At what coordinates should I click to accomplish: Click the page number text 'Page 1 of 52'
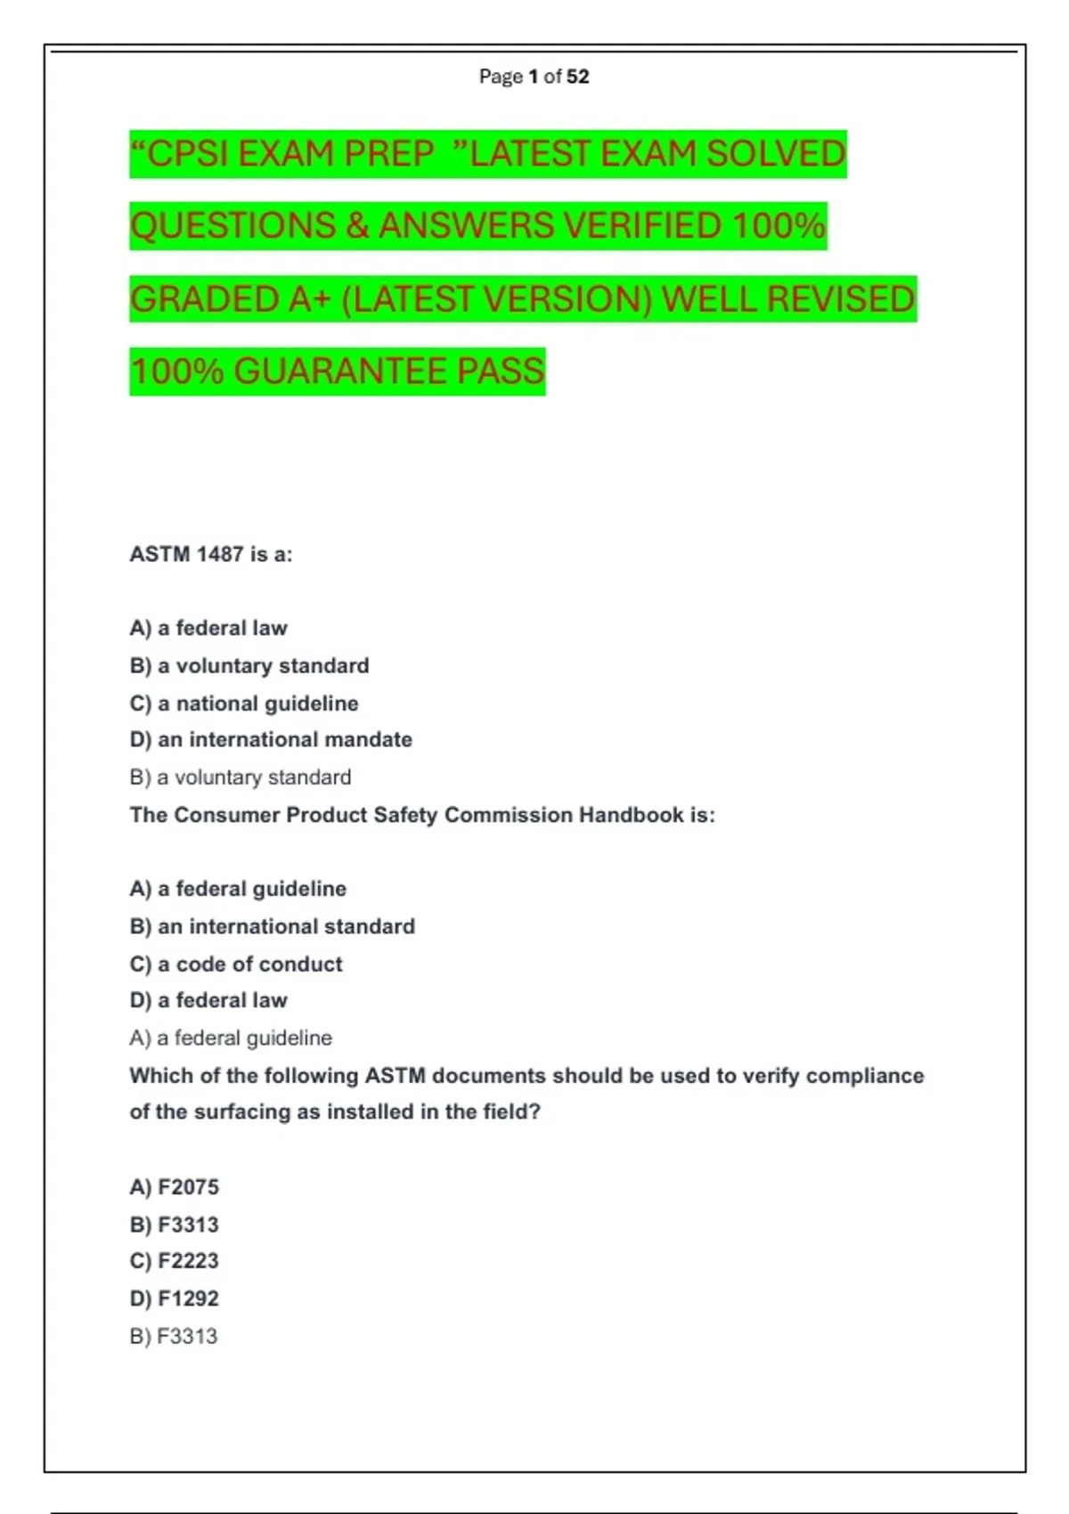pos(534,77)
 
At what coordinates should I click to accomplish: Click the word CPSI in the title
pos(188,154)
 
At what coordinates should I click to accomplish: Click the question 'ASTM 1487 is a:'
pos(211,554)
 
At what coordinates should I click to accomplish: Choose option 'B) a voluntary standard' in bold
pos(249,665)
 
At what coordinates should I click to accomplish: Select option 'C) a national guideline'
pos(244,704)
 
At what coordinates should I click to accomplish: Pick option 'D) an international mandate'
pos(271,739)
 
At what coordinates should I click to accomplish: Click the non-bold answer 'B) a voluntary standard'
pos(241,777)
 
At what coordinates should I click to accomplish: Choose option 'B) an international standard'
pos(272,926)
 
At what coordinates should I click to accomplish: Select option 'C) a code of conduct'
pos(236,964)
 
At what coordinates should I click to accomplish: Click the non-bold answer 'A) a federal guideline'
pos(231,1038)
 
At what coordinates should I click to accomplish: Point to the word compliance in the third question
pos(864,1076)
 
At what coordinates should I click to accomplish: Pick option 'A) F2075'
pos(174,1187)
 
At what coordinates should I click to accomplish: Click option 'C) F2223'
pos(174,1261)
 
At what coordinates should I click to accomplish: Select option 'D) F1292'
pos(174,1298)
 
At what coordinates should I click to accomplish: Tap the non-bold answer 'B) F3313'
pos(174,1336)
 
